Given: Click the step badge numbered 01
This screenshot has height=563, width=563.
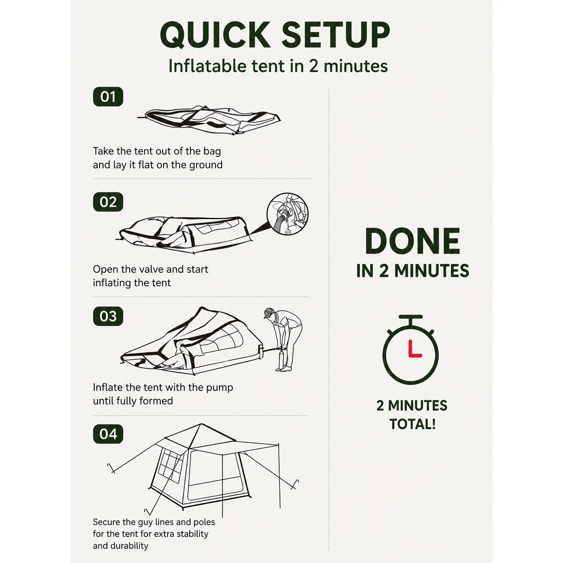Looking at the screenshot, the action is coord(108,97).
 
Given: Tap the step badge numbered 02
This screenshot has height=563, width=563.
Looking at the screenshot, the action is coord(108,202).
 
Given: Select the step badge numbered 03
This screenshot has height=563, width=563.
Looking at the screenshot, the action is coord(108,316).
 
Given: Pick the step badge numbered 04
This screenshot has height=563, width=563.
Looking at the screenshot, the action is coord(108,434).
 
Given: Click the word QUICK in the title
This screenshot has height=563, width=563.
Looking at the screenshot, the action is coord(215,35).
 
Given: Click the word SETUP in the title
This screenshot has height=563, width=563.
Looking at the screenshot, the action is coord(336,35).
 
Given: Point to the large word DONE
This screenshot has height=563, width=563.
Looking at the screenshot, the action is coord(412,241).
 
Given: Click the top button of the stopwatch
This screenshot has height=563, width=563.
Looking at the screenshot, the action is coord(411,317).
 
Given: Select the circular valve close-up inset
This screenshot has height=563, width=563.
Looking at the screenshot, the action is coord(287,213).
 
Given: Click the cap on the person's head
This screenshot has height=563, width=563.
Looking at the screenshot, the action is coord(269,313).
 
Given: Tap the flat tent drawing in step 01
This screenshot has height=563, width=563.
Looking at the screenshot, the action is coord(209,120).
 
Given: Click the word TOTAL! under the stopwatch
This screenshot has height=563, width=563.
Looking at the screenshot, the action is coord(412,424).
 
